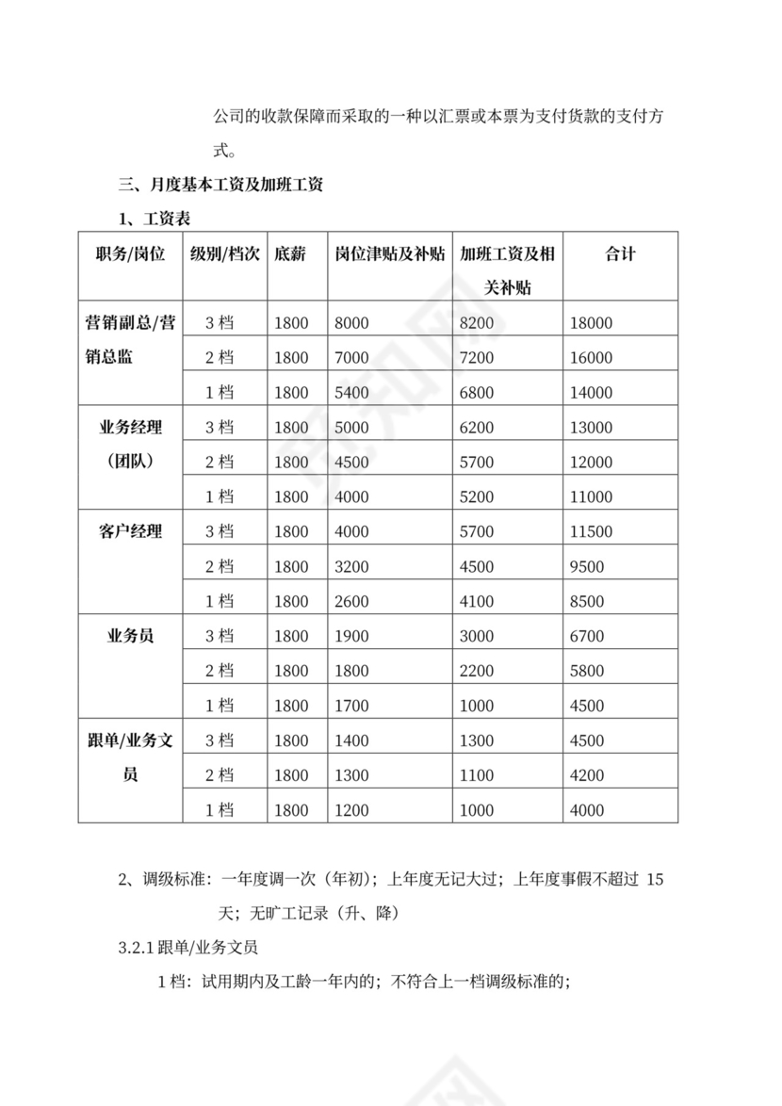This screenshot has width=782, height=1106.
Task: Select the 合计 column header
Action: (x=620, y=253)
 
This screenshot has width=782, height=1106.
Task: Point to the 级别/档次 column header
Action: (x=224, y=253)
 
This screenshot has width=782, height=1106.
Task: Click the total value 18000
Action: (x=591, y=323)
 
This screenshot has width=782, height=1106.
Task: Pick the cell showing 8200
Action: (x=476, y=323)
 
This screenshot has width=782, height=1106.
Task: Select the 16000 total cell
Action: (x=591, y=358)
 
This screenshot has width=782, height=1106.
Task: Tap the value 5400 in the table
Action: (x=351, y=393)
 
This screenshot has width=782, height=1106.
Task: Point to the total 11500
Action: (x=591, y=531)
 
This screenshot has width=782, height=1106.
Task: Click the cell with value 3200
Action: (x=351, y=566)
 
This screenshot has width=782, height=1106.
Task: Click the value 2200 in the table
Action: (x=476, y=671)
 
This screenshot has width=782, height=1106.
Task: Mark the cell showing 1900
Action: (x=351, y=636)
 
